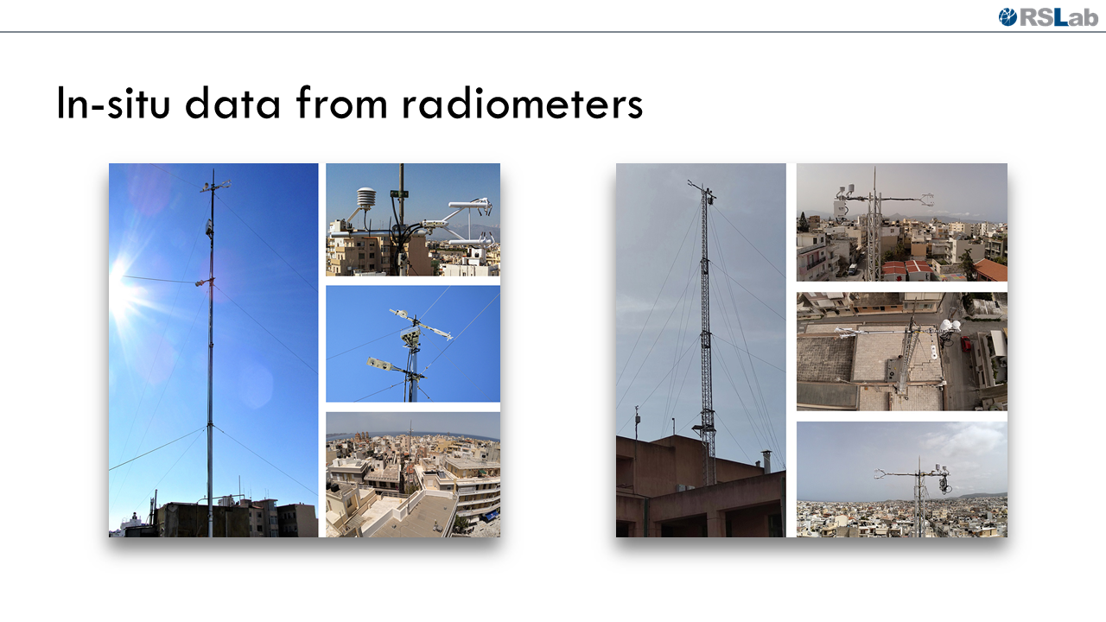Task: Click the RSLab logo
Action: (x=1048, y=17)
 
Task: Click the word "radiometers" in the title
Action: (x=523, y=103)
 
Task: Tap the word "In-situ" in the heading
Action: (x=113, y=103)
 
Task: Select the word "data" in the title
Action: (x=232, y=103)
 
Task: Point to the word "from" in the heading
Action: (x=341, y=103)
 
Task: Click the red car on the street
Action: (x=966, y=344)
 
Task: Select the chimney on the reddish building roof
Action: (x=766, y=460)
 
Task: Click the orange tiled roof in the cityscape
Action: (x=991, y=270)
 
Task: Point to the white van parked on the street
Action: (x=853, y=269)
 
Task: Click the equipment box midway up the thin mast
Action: (x=209, y=227)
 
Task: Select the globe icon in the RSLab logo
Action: (x=1007, y=17)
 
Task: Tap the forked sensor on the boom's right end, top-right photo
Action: (x=925, y=200)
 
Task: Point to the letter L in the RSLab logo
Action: (x=1060, y=17)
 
